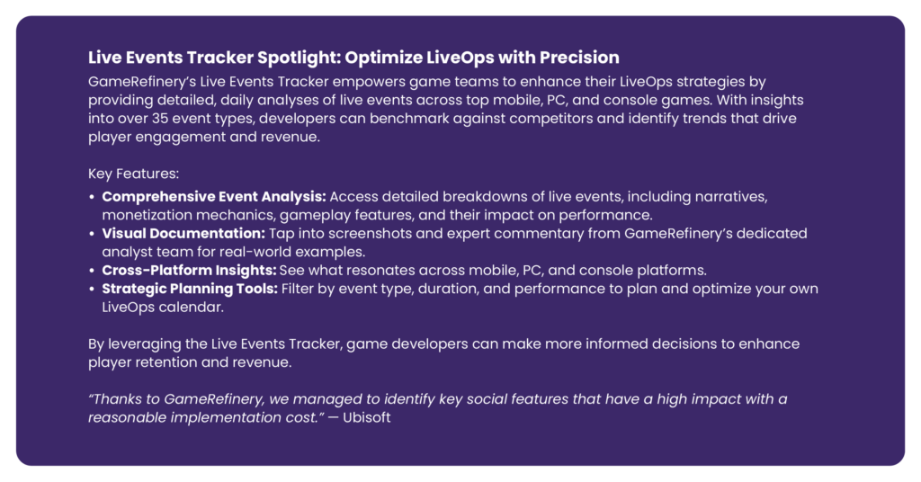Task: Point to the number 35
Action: (160, 118)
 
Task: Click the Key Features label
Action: (133, 174)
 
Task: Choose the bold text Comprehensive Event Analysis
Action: (214, 197)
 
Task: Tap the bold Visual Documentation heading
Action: (183, 233)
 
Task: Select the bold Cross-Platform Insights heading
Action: (189, 270)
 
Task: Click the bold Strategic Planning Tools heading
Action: (190, 289)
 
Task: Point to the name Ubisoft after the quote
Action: (367, 417)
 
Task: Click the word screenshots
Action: (368, 234)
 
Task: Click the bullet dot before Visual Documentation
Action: (92, 234)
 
